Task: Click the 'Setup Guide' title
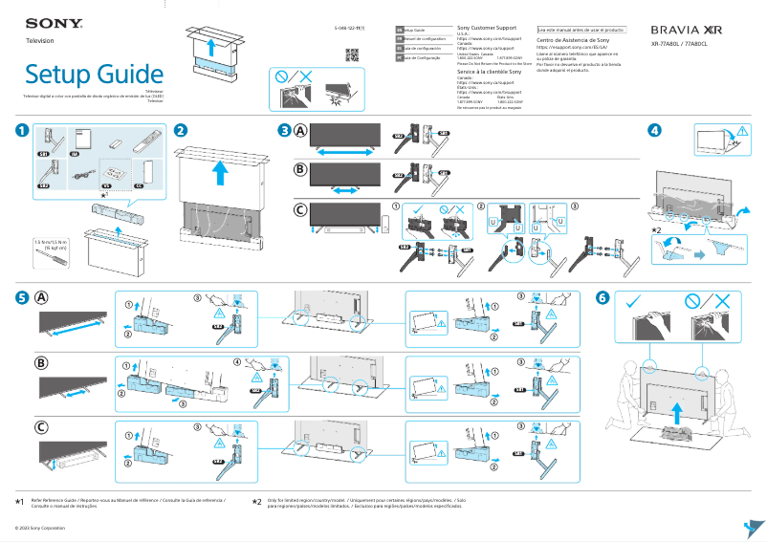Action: point(94,74)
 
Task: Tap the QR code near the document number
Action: point(351,54)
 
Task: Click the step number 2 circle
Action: point(180,130)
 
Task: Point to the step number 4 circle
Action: point(654,130)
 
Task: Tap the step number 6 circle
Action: point(602,297)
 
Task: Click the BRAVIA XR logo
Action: point(693,31)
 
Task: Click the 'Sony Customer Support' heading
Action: point(493,29)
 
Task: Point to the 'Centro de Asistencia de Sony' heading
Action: point(573,41)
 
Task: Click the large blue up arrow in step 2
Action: point(221,172)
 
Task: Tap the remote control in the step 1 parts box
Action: point(142,143)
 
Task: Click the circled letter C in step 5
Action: point(42,427)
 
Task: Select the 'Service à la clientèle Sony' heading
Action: point(489,72)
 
